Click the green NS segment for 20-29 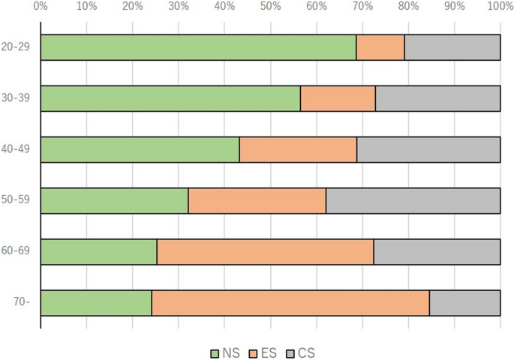198,47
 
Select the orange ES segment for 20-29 380,47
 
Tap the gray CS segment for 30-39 437,98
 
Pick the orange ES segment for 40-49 298,149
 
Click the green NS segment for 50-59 114,200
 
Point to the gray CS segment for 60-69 437,251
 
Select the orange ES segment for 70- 290,303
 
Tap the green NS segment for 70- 96,303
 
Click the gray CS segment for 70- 464,303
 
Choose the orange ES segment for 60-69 265,251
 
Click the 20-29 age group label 16,46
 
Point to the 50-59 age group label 16,199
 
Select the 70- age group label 22,301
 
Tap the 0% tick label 41,6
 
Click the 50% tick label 270,6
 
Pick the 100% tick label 500,6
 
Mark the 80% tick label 408,6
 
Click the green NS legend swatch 215,354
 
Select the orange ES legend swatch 253,354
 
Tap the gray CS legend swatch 290,354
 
